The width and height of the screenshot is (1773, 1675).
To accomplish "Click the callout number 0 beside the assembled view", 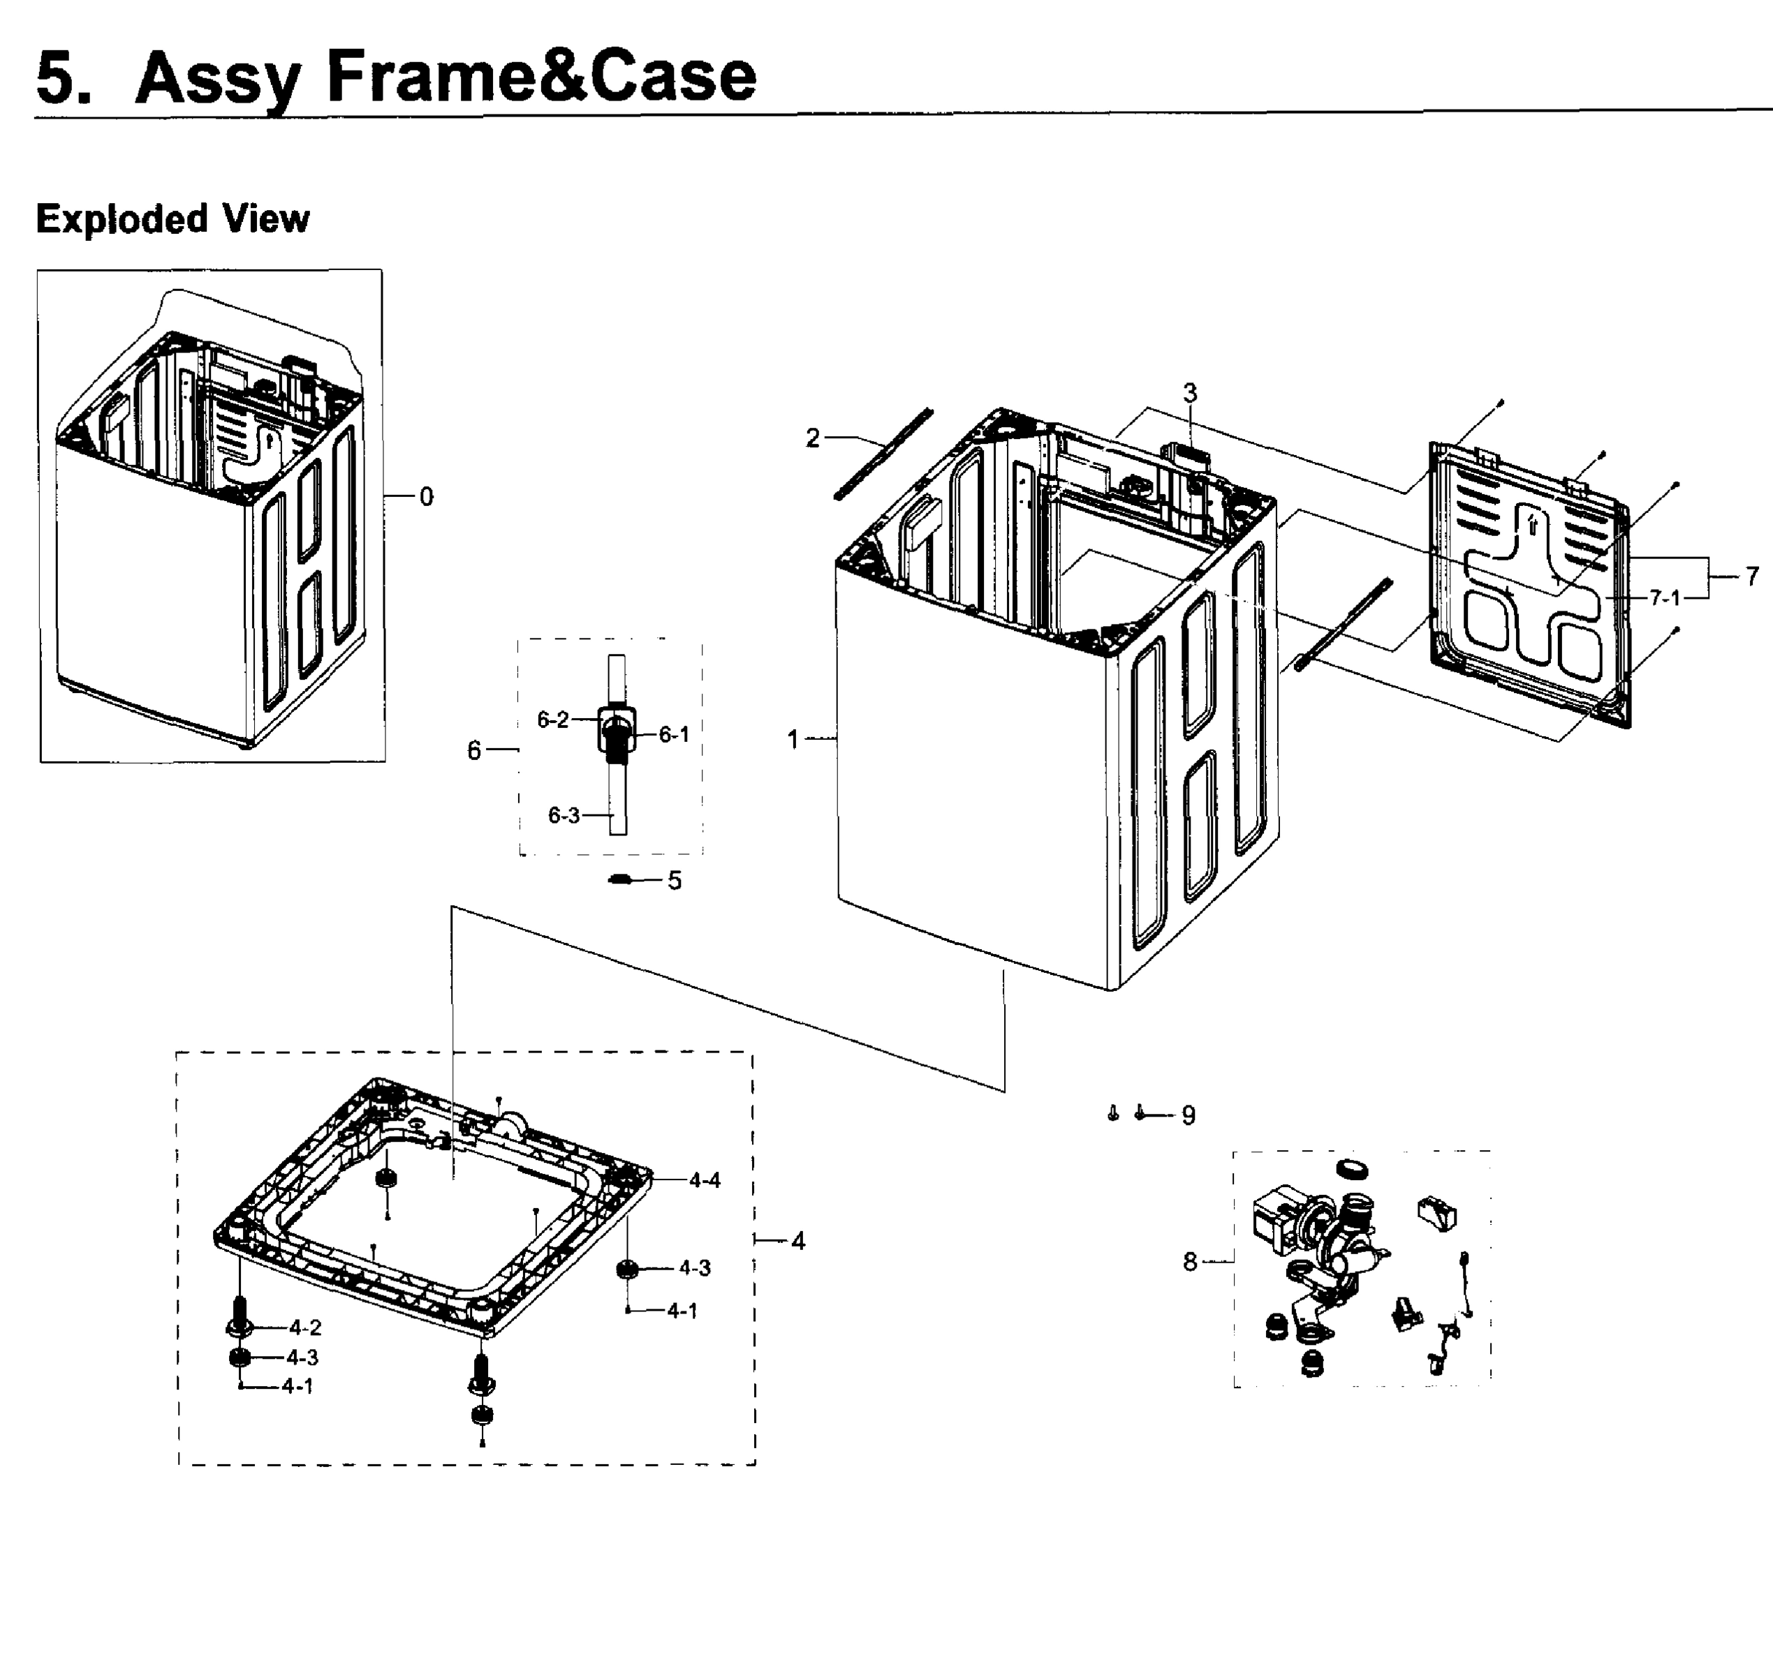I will (426, 498).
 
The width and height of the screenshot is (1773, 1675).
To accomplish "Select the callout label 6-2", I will (552, 720).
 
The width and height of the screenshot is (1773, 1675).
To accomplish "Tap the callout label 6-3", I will (563, 815).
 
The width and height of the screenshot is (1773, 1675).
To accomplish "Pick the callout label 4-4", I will (704, 1180).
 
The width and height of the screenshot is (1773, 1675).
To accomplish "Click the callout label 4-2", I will (304, 1327).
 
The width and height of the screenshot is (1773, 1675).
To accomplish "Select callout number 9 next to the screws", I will (1188, 1115).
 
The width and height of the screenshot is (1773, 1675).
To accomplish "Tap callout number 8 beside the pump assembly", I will (1190, 1262).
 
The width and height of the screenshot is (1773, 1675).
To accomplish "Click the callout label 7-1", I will (1664, 597).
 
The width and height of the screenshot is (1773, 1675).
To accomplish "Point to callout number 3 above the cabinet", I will (1190, 393).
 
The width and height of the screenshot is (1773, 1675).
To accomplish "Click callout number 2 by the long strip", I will (812, 438).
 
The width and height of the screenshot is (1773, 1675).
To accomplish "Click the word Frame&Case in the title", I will (541, 77).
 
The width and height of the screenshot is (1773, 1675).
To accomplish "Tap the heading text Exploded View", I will (172, 218).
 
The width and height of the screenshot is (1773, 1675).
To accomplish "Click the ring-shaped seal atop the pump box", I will (1353, 1169).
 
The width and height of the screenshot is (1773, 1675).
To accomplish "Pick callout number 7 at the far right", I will (1751, 576).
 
